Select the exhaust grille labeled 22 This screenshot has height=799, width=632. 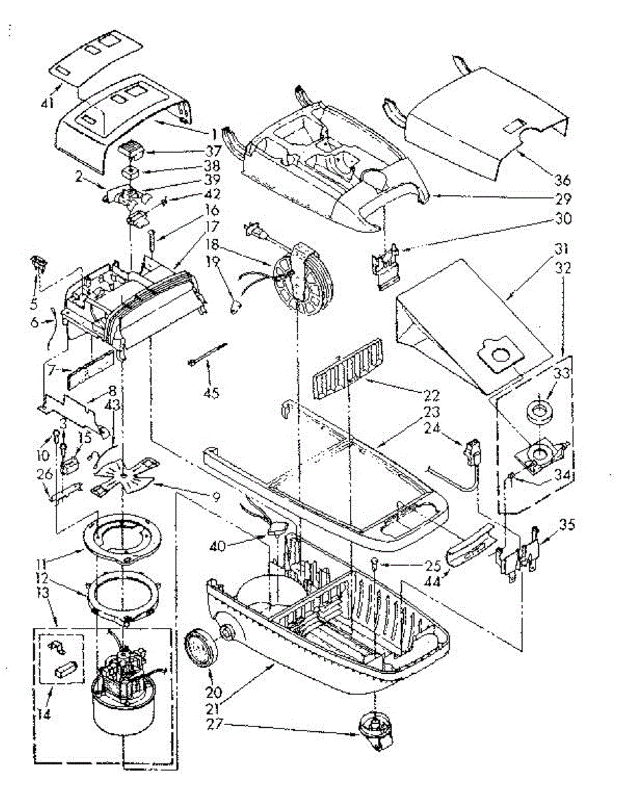tap(347, 376)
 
